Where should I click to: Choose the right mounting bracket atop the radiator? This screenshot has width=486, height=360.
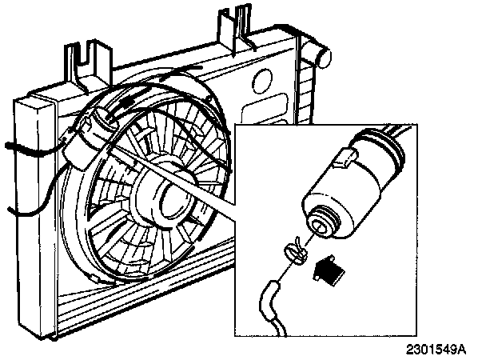pos(238,28)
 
